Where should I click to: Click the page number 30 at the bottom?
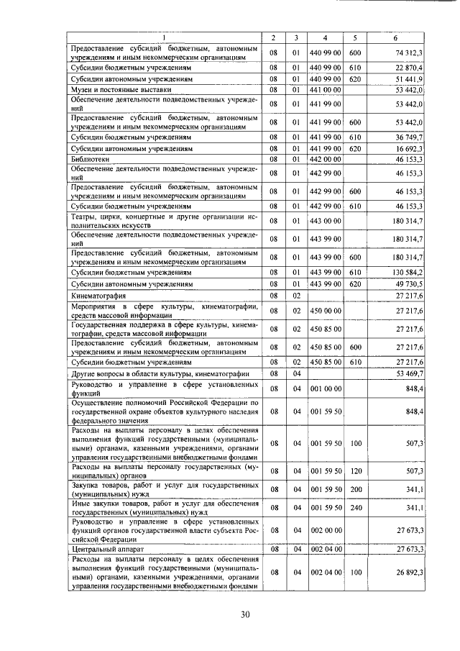(x=244, y=614)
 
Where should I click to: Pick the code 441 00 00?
(x=326, y=90)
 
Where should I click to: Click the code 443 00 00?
(x=326, y=220)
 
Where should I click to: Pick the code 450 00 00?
(x=326, y=311)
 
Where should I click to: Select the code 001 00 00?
(x=326, y=389)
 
